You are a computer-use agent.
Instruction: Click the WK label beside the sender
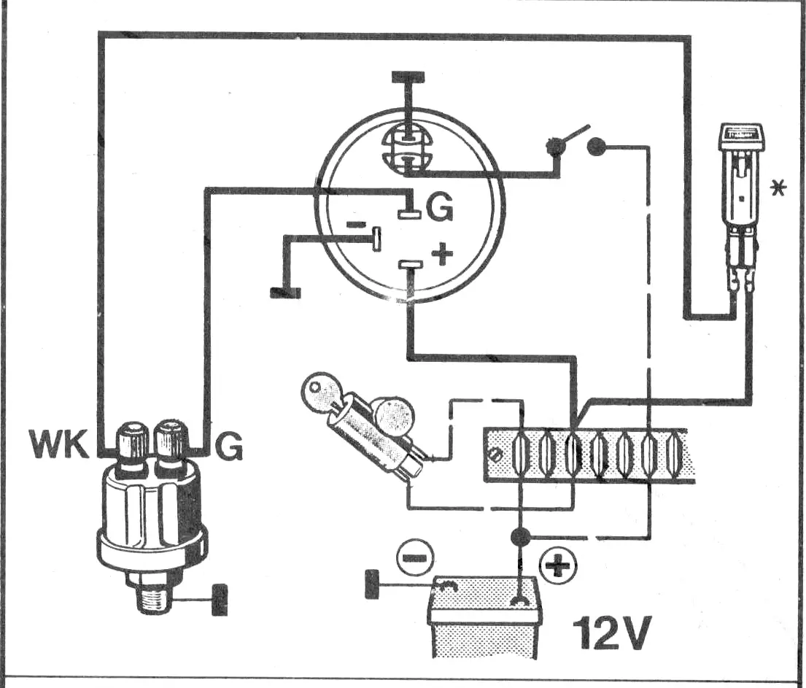(59, 444)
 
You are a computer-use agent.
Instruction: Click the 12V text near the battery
(611, 633)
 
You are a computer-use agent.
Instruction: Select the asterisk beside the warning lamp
(778, 188)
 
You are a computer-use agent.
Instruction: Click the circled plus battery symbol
(558, 567)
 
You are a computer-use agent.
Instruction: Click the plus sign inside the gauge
(442, 254)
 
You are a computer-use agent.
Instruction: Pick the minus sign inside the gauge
(356, 224)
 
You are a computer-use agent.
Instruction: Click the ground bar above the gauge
(408, 77)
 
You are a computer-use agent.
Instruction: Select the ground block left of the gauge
(285, 293)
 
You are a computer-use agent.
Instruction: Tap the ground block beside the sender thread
(220, 600)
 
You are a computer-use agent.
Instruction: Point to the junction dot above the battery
(521, 537)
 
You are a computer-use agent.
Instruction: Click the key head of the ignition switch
(319, 390)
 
